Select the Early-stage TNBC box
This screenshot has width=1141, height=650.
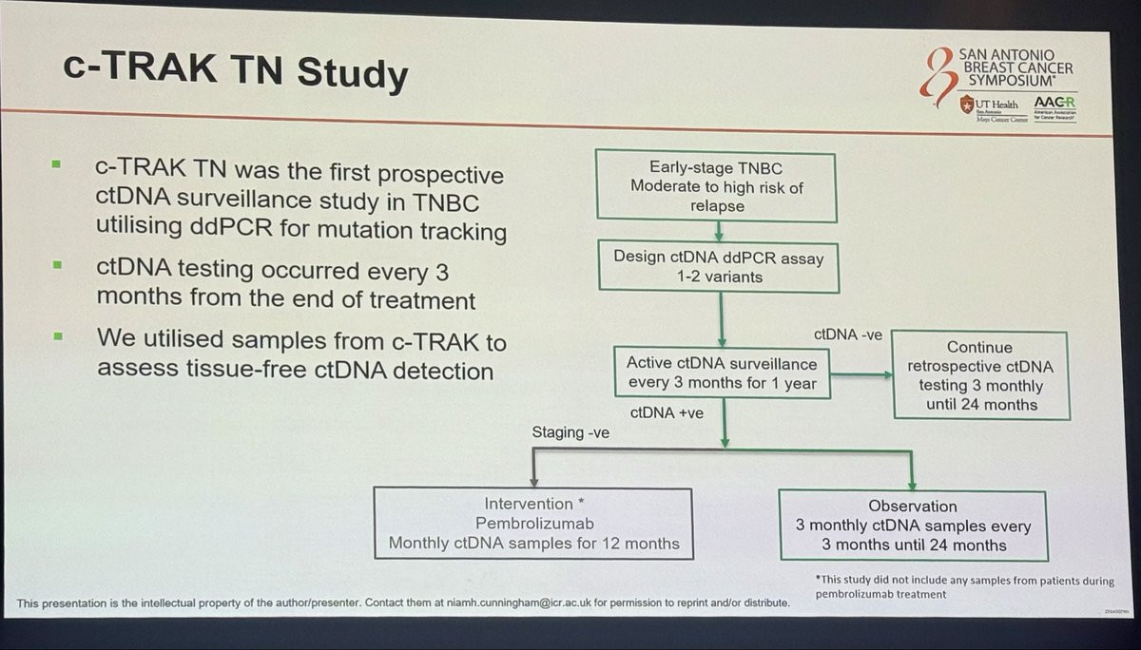716,186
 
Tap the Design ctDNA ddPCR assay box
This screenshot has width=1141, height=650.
720,266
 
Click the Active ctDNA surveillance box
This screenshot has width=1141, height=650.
722,373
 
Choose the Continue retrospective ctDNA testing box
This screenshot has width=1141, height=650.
980,376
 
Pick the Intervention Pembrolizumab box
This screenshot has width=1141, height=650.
532,524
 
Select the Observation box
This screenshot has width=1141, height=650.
913,526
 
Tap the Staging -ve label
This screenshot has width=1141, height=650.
570,433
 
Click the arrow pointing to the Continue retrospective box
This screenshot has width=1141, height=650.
861,374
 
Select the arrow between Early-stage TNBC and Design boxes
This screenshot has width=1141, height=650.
720,228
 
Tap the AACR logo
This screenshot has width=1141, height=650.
1051,104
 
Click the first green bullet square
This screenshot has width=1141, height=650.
56,164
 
